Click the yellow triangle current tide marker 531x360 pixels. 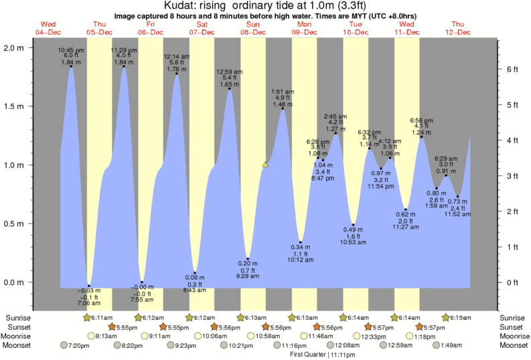[x=266, y=164]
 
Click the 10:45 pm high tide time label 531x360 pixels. [x=70, y=50]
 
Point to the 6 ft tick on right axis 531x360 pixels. [x=512, y=69]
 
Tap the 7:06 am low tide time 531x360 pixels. [x=89, y=303]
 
